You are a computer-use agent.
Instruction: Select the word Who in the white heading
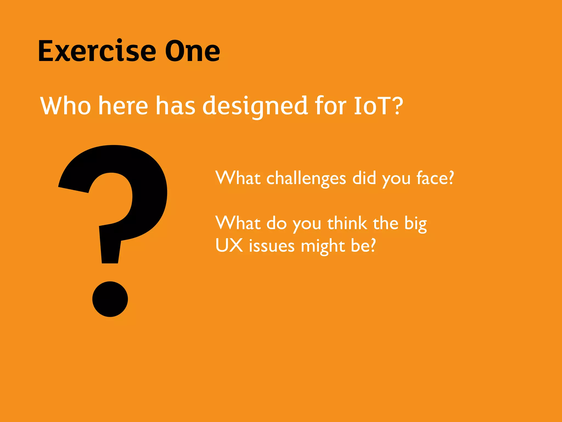click(x=66, y=105)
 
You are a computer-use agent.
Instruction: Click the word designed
click(x=255, y=107)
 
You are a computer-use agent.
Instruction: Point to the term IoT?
click(x=378, y=105)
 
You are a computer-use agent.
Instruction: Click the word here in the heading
click(x=123, y=105)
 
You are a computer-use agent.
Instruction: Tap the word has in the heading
click(x=176, y=105)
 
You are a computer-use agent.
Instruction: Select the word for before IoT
click(x=330, y=105)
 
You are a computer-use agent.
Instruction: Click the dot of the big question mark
click(x=110, y=299)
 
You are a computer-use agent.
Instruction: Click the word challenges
click(x=306, y=179)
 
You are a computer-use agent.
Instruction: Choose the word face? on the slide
click(x=435, y=178)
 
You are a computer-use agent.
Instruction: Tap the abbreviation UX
click(x=229, y=245)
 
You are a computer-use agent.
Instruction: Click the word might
click(x=323, y=246)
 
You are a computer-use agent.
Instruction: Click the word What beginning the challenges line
click(x=238, y=178)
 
